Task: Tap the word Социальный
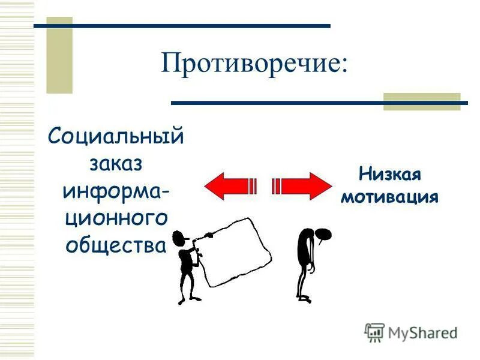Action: coord(116,137)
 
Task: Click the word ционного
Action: coord(116,218)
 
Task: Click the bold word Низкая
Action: coord(390,175)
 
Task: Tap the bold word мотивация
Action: coord(390,197)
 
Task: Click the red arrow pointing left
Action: coord(231,185)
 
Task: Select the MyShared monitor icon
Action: coord(374,332)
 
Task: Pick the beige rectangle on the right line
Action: coord(421,101)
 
